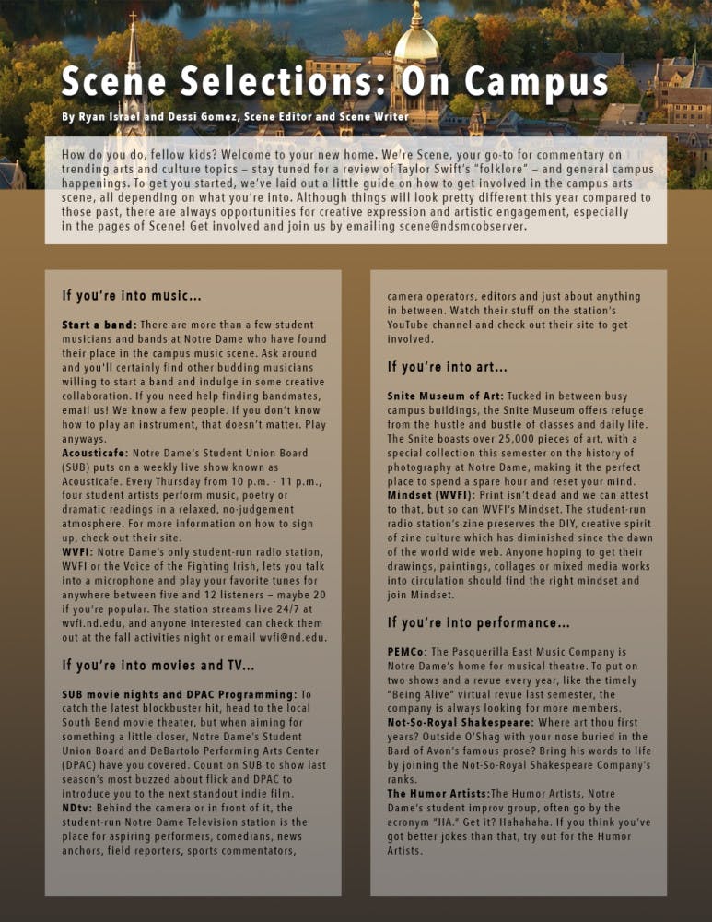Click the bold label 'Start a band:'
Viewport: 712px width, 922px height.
[x=99, y=325]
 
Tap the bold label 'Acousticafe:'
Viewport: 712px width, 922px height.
[x=95, y=455]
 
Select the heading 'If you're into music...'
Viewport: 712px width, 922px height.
[x=132, y=296]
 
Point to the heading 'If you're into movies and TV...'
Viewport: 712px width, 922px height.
[x=158, y=665]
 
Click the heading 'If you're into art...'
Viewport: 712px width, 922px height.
[x=447, y=367]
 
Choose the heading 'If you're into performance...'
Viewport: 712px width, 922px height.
[x=478, y=622]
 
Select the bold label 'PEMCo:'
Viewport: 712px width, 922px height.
[x=407, y=651]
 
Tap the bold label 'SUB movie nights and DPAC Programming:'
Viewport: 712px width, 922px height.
[x=180, y=694]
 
